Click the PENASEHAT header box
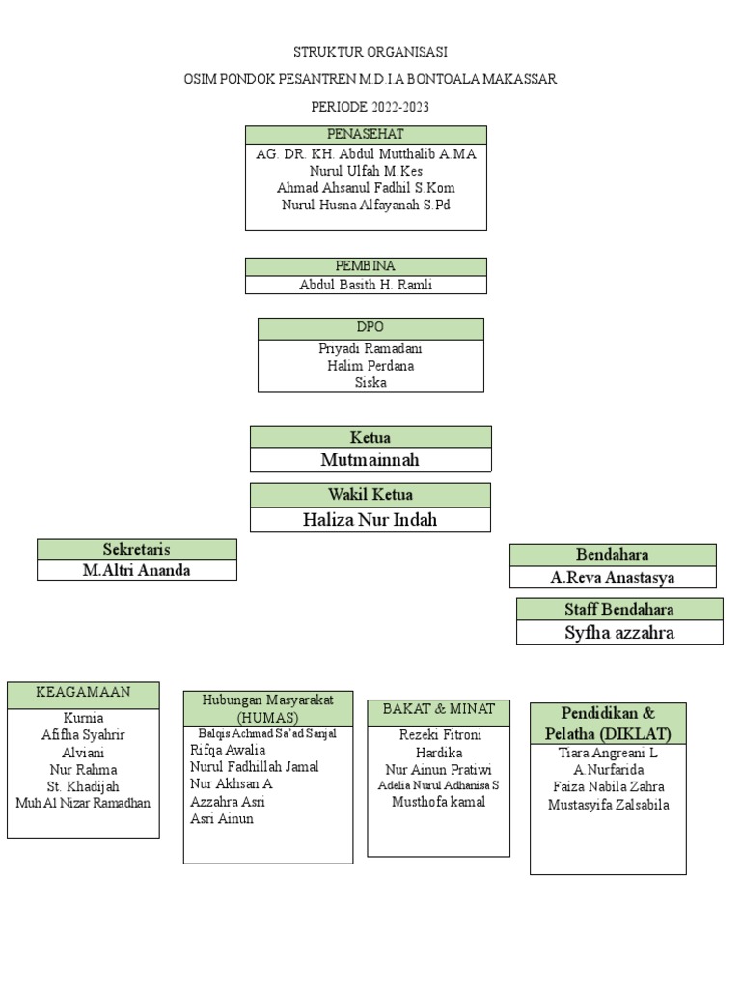366,135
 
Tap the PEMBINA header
366,266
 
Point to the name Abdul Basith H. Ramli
366,285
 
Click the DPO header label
370,328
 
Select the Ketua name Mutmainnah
370,460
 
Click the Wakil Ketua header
370,495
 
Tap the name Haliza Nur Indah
370,520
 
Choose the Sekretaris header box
136,549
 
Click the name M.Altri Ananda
136,570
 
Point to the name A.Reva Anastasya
613,578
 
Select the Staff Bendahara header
619,609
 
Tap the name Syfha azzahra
619,633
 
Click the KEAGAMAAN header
83,693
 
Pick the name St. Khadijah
83,786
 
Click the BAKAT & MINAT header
439,709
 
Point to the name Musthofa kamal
439,802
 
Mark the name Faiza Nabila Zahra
608,787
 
